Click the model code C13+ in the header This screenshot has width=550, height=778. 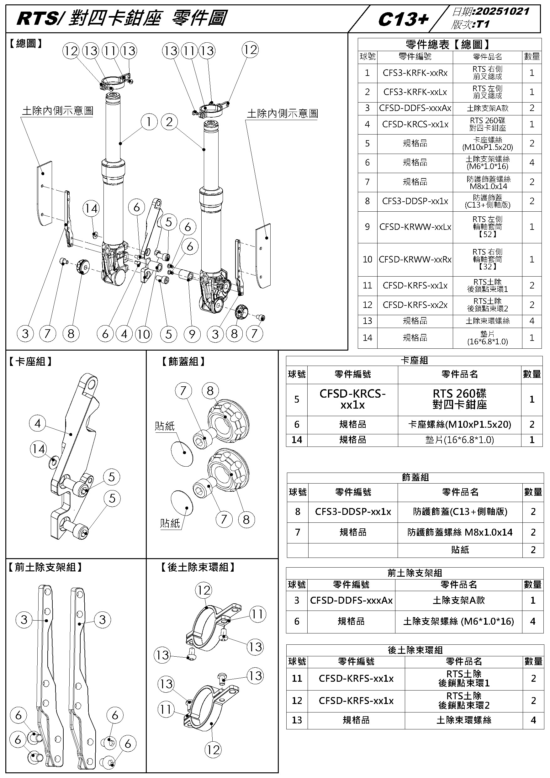click(403, 20)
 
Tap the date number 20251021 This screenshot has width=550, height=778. click(503, 12)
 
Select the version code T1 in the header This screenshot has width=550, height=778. click(483, 24)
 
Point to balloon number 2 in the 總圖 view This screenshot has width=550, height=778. click(169, 122)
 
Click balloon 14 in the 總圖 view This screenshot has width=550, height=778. click(91, 209)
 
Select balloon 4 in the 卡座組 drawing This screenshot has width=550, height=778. click(38, 423)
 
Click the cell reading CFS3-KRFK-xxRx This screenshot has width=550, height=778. click(415, 73)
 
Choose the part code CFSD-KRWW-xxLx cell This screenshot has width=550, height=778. click(415, 227)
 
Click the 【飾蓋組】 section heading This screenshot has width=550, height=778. click(183, 362)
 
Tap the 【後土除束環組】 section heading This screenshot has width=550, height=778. click(198, 567)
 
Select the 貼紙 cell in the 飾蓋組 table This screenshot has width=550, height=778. click(460, 550)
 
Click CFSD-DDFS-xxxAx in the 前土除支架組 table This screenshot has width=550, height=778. click(352, 601)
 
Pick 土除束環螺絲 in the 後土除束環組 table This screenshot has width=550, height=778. click(464, 720)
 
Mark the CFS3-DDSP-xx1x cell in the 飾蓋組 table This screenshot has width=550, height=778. click(353, 512)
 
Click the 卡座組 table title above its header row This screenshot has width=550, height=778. click(415, 361)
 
